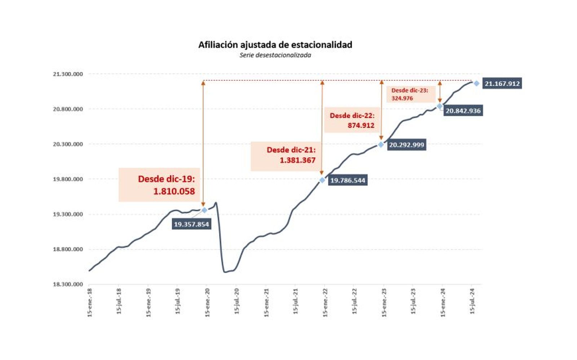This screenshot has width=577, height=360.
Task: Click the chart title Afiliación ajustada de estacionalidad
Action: (275, 45)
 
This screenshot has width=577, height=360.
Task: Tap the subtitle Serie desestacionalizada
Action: (275, 55)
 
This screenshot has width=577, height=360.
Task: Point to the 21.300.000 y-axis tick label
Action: (68, 74)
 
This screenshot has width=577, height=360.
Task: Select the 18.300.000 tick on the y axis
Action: (68, 284)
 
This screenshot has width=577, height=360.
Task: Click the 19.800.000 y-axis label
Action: (68, 179)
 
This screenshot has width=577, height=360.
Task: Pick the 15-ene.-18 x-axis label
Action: (90, 303)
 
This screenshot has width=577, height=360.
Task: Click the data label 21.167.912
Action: (502, 84)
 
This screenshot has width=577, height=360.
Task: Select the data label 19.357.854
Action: (191, 225)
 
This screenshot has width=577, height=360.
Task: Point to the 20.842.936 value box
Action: (463, 111)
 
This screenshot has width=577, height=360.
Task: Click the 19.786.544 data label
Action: (348, 180)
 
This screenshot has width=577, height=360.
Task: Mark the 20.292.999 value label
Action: (406, 145)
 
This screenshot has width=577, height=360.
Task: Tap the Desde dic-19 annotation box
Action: (159, 185)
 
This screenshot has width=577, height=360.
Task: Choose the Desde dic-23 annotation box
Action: (410, 94)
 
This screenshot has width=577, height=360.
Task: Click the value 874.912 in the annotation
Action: (361, 125)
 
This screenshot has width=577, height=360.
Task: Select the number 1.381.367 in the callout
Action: (298, 160)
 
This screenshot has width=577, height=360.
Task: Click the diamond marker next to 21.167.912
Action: (476, 84)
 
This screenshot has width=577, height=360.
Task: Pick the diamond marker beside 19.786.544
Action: (322, 180)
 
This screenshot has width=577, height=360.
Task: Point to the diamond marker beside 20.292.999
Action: (381, 145)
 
